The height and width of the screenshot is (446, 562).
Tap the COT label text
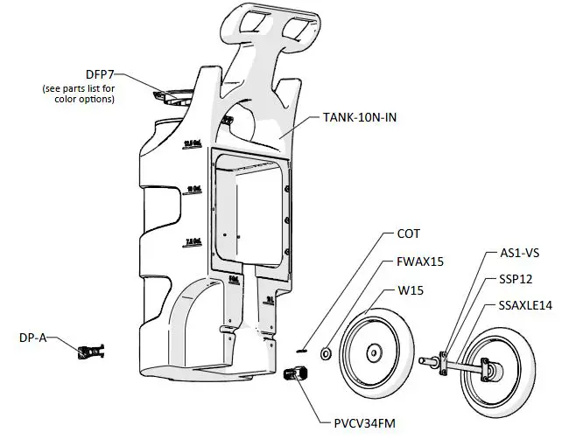[409, 234]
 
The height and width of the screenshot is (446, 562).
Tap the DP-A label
[33, 338]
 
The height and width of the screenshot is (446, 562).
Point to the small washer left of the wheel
[326, 353]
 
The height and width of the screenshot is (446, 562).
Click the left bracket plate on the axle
[445, 359]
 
